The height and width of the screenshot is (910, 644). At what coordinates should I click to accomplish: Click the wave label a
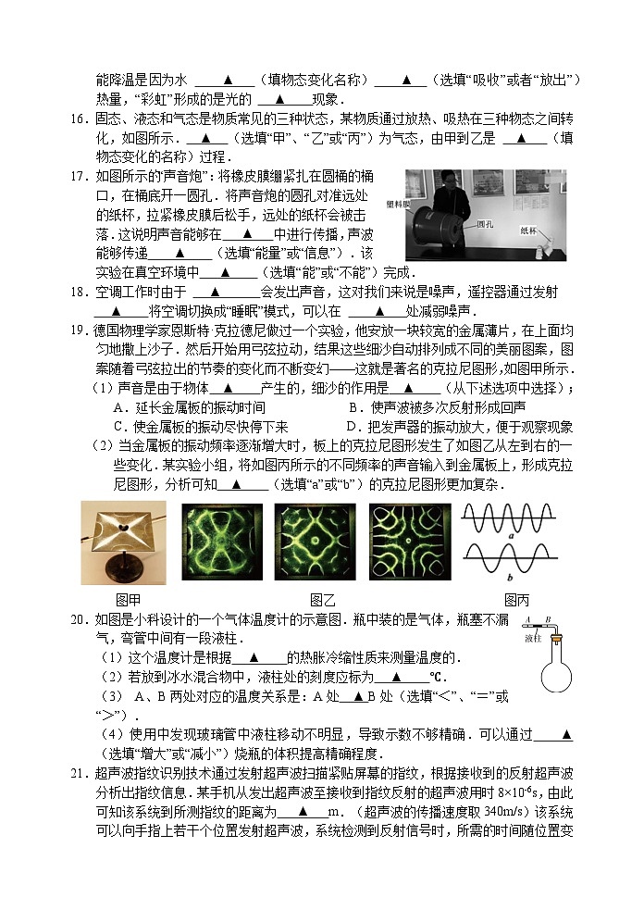510,536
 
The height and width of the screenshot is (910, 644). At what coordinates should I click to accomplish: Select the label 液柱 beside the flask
533,639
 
